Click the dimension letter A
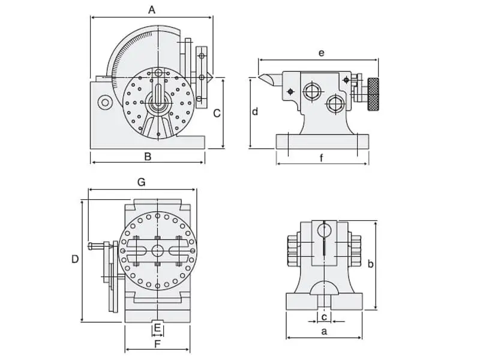point(152,10)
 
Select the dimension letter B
point(148,157)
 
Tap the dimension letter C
point(217,113)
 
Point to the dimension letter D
point(75,259)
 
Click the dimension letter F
point(157,344)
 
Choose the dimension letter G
point(142,182)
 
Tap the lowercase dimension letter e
point(322,53)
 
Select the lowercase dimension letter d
point(255,112)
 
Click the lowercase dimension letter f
point(322,158)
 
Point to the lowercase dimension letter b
point(371,263)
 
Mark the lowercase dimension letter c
point(324,316)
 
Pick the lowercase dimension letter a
point(324,331)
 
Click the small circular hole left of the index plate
point(105,103)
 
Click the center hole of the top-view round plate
point(157,250)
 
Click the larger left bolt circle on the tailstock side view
point(311,91)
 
